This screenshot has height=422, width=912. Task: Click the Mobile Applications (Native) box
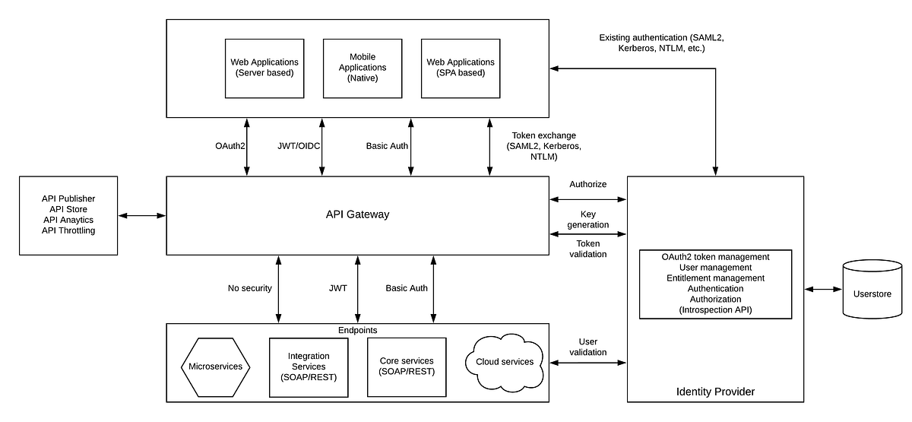coord(363,68)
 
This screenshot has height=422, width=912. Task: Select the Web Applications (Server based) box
coord(264,68)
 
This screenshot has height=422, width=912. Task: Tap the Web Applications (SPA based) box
coord(461,68)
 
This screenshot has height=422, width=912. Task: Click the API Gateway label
coord(357,214)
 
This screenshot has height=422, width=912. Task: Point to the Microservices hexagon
coord(216,366)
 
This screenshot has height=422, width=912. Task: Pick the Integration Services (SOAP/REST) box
coord(309,366)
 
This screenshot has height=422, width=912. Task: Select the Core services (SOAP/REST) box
coord(406,366)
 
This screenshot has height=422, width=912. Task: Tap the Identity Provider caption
coord(714,392)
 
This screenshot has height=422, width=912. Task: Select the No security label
coord(249,288)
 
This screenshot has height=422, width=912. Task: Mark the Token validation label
coord(587,249)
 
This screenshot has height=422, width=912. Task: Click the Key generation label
coord(587,220)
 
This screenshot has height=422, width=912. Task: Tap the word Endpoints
coord(357,330)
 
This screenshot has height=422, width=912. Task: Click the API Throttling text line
coord(68,230)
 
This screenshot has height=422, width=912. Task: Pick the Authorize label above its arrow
coord(587,185)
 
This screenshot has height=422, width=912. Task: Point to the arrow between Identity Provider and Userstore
coord(823,290)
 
